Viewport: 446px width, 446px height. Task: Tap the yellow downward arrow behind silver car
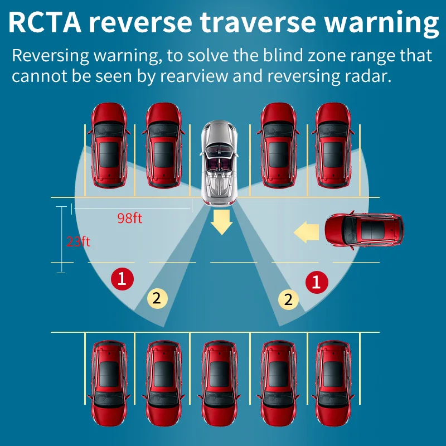click(x=222, y=222)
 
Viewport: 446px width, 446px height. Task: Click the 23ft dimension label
click(x=78, y=242)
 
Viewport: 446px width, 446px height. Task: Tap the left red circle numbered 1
click(x=122, y=278)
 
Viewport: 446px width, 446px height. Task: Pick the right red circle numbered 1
click(x=317, y=282)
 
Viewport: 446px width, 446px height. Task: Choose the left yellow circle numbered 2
click(x=157, y=298)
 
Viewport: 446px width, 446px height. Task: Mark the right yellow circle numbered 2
click(x=288, y=299)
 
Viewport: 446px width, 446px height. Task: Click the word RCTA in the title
click(x=46, y=24)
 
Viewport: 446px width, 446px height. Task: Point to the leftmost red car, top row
click(x=109, y=144)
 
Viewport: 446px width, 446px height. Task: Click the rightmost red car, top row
click(x=333, y=144)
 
